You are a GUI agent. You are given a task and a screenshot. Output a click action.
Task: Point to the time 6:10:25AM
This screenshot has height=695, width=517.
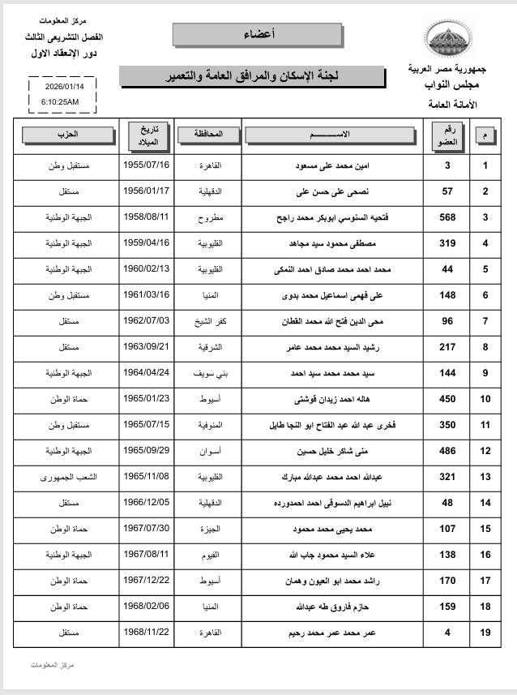point(60,102)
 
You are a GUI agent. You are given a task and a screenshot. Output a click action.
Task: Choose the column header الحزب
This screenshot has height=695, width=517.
point(70,134)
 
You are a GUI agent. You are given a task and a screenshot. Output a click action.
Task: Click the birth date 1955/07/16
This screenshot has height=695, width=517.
point(147,165)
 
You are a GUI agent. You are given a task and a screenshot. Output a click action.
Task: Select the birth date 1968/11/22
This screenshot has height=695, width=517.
point(147,633)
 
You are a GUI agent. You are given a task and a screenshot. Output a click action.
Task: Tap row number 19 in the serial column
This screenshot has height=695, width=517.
point(485,633)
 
